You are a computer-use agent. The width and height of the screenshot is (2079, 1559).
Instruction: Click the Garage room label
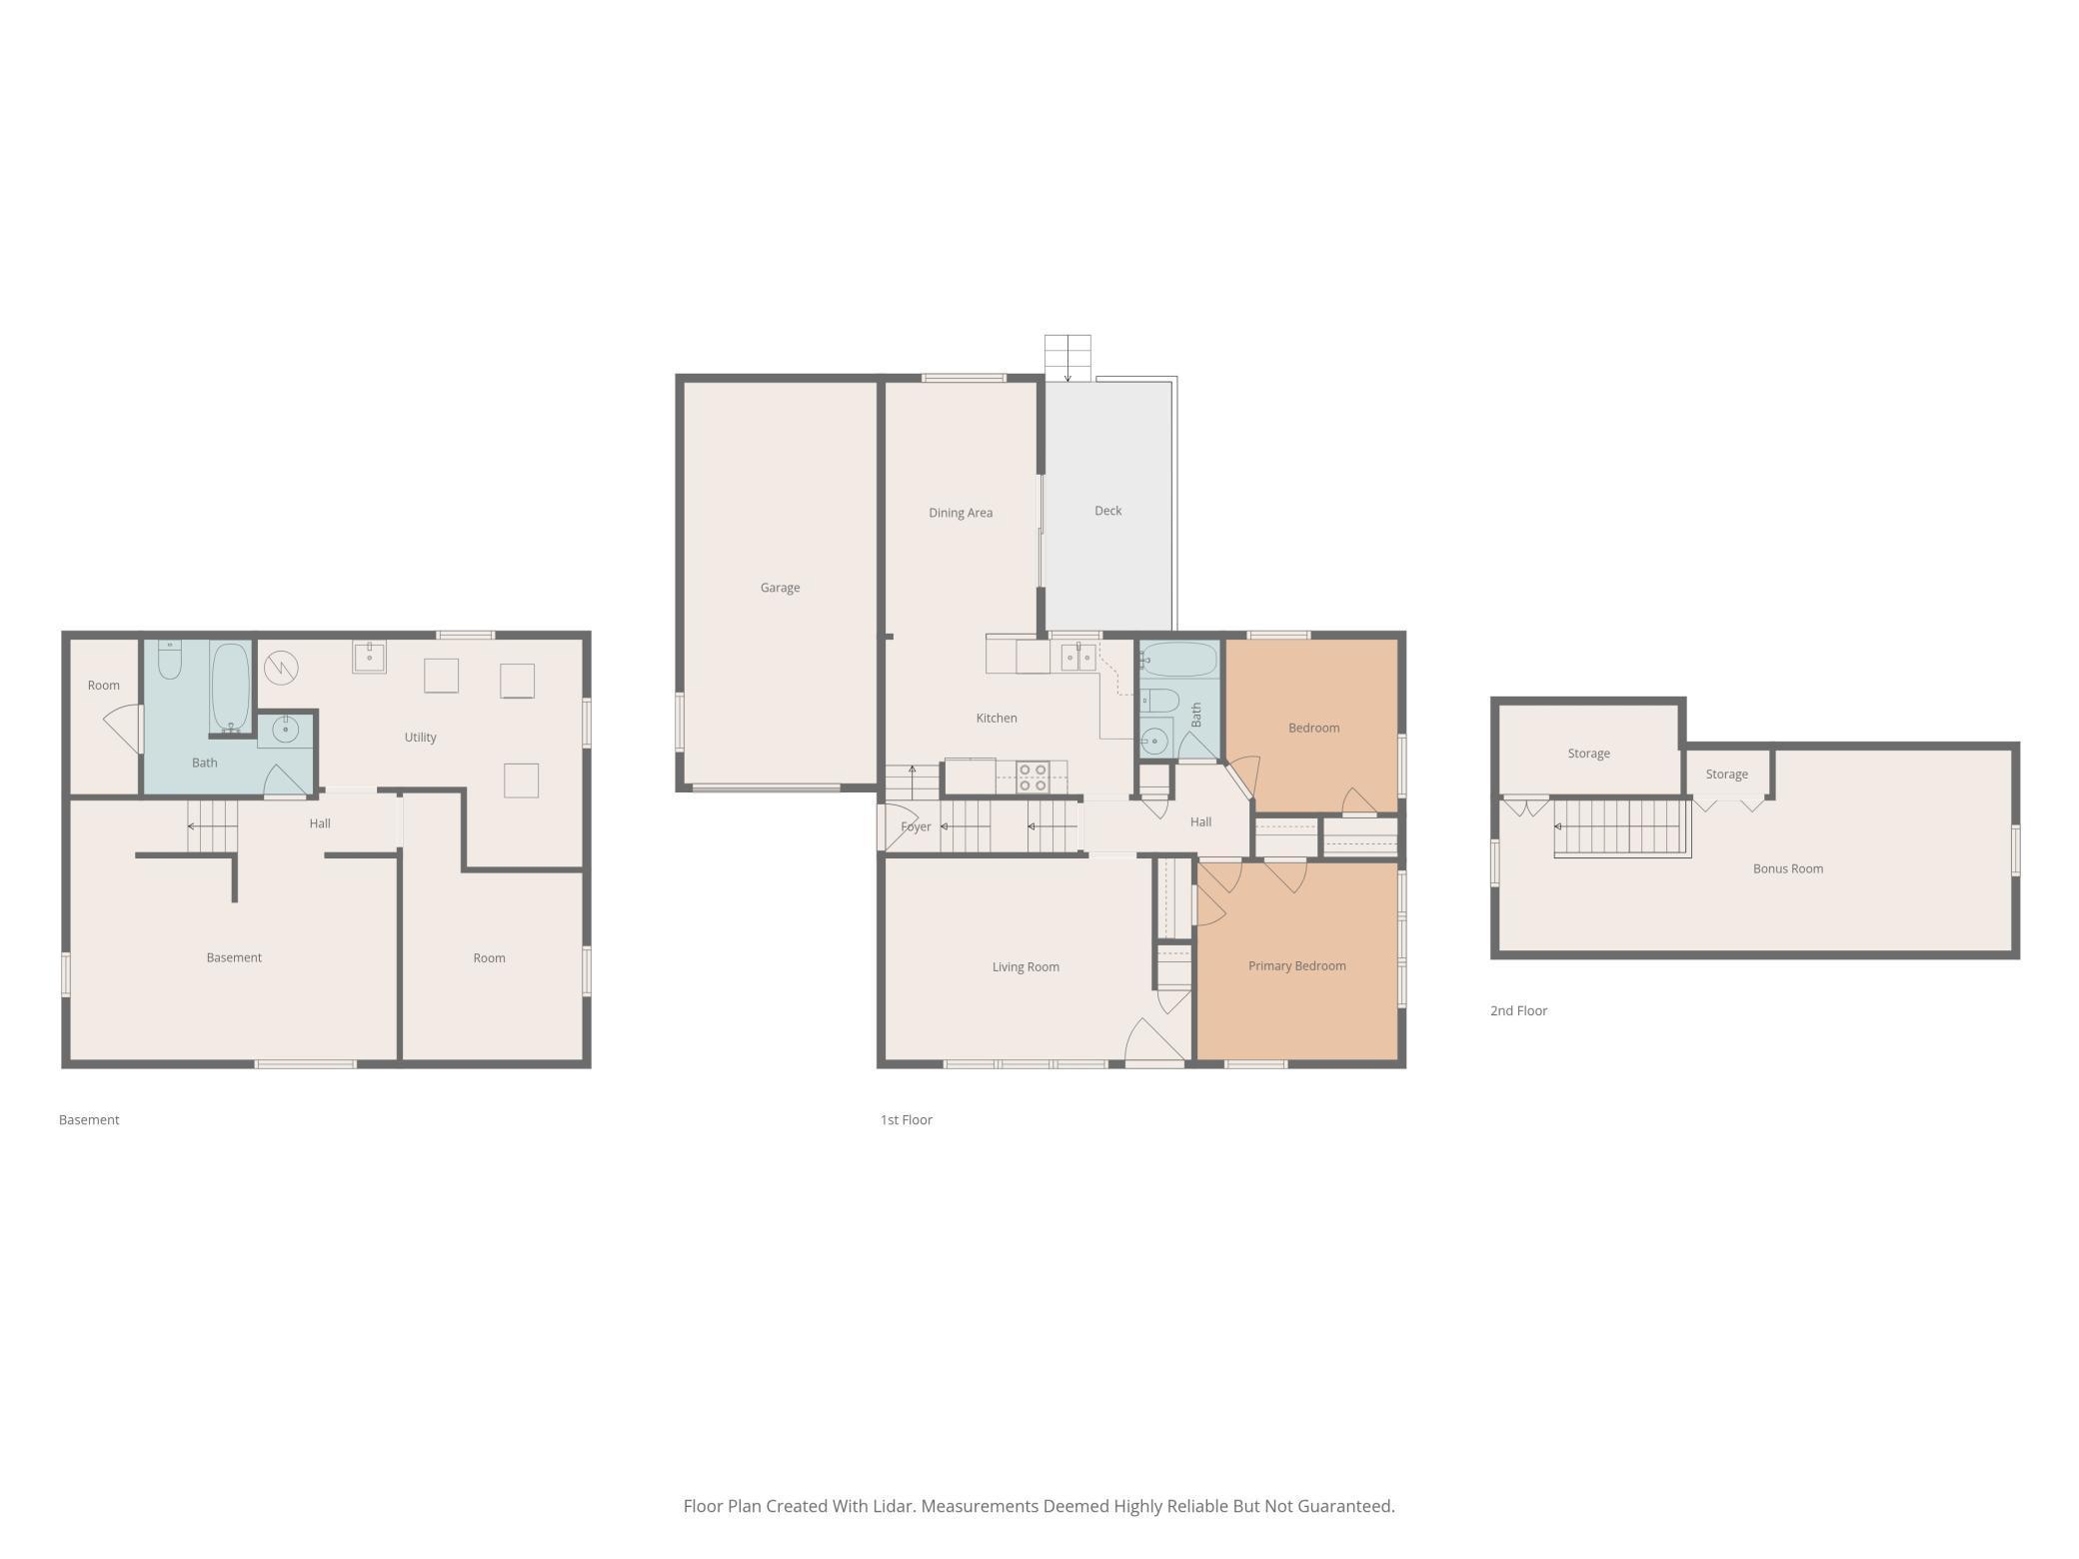780,588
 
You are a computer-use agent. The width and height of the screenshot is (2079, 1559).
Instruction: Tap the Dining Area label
961,513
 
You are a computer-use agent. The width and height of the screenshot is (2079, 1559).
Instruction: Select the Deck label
1107,511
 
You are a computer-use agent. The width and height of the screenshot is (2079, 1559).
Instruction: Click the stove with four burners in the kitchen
1033,778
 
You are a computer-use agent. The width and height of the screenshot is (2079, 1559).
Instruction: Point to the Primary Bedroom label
1296,966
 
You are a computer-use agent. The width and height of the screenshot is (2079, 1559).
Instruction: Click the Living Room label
1026,967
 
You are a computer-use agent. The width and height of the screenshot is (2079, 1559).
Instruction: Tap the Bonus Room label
1787,868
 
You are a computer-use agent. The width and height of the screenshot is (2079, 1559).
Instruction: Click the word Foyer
916,826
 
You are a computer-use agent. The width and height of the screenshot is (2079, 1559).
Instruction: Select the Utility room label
420,738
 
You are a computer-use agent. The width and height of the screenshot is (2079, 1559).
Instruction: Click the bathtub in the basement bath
230,688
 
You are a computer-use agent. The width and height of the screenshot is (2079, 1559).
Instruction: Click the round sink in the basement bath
286,729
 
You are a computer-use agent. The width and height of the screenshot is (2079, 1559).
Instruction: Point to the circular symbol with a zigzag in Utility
281,668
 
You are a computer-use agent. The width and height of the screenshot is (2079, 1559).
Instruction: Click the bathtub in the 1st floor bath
1179,660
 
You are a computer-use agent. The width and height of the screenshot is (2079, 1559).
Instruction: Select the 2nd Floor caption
1518,1010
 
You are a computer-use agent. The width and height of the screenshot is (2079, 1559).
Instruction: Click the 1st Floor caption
906,1119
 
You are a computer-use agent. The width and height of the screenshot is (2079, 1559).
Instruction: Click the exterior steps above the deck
1067,358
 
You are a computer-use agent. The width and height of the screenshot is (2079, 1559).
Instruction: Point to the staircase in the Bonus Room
1621,827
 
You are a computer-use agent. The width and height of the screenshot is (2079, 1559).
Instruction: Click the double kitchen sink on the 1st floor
1077,657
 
